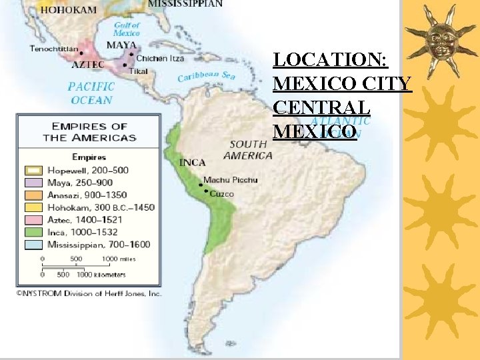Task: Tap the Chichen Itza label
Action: [161, 59]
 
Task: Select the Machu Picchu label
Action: [230, 180]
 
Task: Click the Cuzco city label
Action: [221, 194]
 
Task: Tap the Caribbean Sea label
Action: [206, 77]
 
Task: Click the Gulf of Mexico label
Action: [126, 29]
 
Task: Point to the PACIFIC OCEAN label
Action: [91, 93]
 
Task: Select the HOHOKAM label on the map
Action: [69, 10]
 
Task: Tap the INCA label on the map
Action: [192, 162]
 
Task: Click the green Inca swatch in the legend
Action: [33, 232]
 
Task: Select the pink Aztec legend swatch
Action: [33, 219]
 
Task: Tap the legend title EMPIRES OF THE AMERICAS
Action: [89, 132]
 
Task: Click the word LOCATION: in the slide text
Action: [331, 60]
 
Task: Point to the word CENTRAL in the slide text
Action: [321, 107]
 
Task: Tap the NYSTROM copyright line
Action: [89, 293]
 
